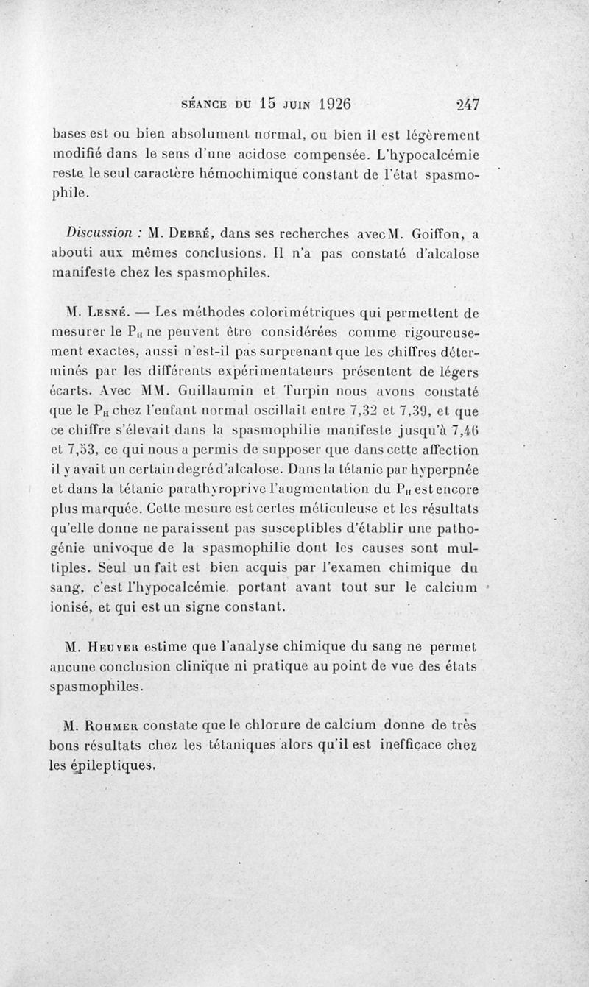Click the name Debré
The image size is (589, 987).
(186, 233)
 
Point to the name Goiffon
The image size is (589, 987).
(434, 233)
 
